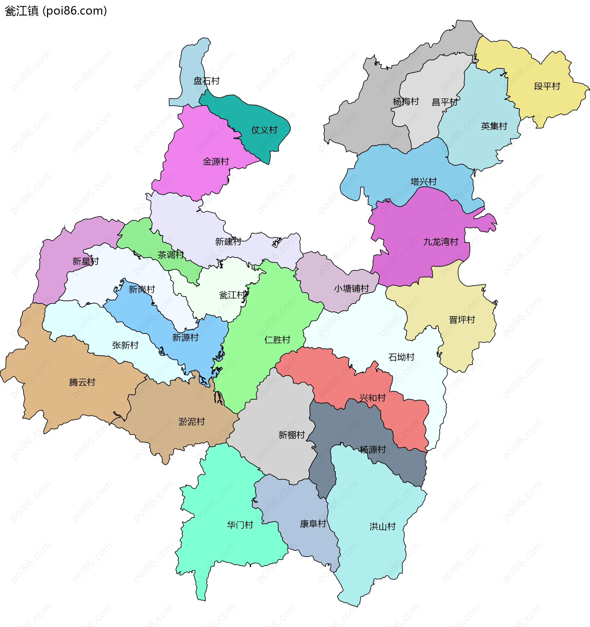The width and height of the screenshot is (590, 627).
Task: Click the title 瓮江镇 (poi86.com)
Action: click(x=56, y=11)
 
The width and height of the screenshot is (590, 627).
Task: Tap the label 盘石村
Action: click(x=206, y=81)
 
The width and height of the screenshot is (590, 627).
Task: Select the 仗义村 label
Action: click(x=264, y=130)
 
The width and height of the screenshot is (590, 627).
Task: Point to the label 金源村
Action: click(x=216, y=161)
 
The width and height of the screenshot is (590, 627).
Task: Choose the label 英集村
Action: click(x=494, y=126)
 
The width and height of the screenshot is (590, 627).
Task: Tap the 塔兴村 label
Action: click(x=423, y=182)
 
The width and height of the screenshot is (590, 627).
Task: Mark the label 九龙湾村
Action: click(x=440, y=242)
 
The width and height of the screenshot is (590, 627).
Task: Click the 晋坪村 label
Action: click(x=462, y=320)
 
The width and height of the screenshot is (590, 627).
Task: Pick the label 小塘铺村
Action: click(x=351, y=288)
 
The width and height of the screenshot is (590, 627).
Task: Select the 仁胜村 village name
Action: click(x=277, y=340)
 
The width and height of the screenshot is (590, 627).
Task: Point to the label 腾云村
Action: click(x=82, y=382)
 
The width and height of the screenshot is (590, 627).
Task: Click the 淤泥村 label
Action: click(x=192, y=421)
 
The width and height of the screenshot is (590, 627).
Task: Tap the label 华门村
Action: click(x=240, y=525)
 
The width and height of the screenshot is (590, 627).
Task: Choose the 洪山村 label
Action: click(x=382, y=526)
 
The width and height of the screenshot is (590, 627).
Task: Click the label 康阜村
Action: click(x=313, y=524)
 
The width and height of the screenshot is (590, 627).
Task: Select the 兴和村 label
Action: click(x=372, y=398)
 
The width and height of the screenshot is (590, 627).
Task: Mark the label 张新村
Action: click(x=125, y=345)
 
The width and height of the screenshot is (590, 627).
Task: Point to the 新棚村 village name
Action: click(x=292, y=435)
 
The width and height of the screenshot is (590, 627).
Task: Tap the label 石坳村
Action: click(x=401, y=357)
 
